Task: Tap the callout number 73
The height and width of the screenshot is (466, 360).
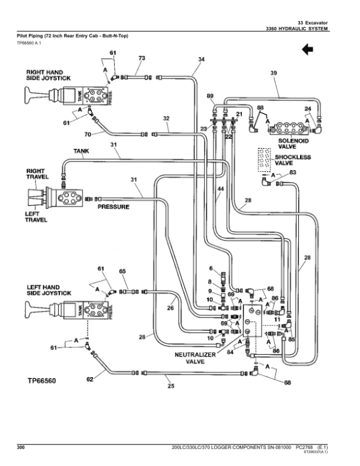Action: click(x=142, y=58)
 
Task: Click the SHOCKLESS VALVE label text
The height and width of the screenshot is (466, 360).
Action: click(x=293, y=160)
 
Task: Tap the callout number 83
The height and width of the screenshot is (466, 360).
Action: click(x=292, y=172)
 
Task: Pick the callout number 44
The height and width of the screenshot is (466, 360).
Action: click(x=220, y=189)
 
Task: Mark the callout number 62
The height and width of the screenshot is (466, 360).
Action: click(x=90, y=379)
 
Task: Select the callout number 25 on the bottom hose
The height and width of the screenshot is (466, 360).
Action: click(x=170, y=386)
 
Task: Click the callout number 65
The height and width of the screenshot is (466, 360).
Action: click(x=122, y=272)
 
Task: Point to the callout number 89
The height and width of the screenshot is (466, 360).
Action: click(x=210, y=96)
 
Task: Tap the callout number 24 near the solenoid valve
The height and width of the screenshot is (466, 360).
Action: click(x=307, y=109)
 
